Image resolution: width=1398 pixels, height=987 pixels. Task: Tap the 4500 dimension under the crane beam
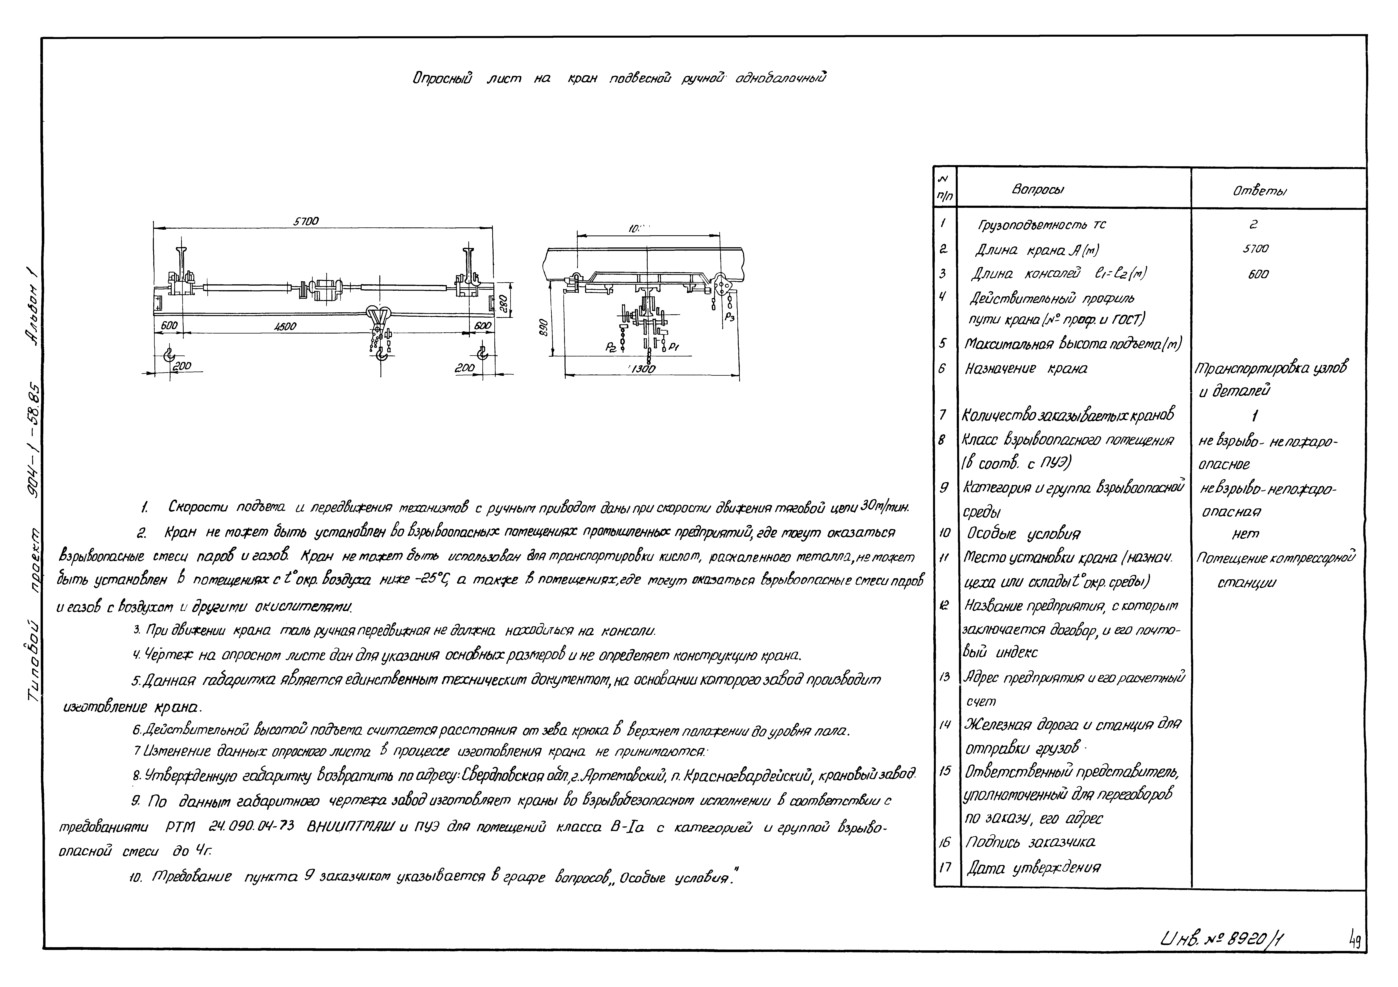284,326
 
